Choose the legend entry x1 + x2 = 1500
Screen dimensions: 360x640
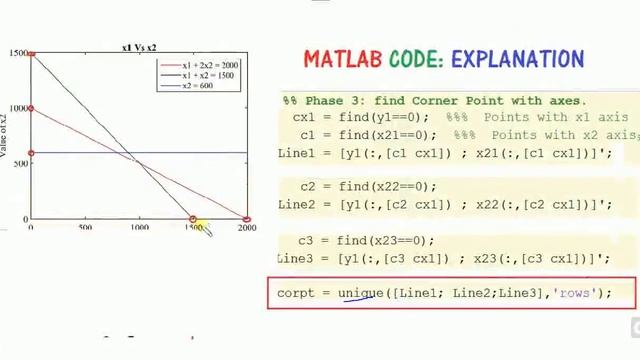(x=208, y=75)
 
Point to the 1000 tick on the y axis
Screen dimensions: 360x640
(x=18, y=108)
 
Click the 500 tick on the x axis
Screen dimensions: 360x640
(x=85, y=228)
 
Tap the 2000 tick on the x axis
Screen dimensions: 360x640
(x=246, y=228)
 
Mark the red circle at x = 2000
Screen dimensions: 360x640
(x=246, y=218)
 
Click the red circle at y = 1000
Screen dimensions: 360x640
(x=31, y=108)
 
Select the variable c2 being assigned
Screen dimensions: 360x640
(x=308, y=186)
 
